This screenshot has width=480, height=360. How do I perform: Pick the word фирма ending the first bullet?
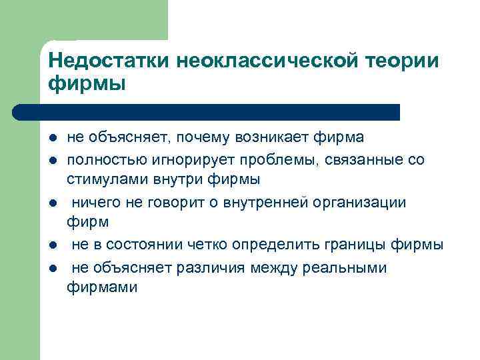(x=342, y=137)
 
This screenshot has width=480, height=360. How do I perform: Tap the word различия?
(x=208, y=267)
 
